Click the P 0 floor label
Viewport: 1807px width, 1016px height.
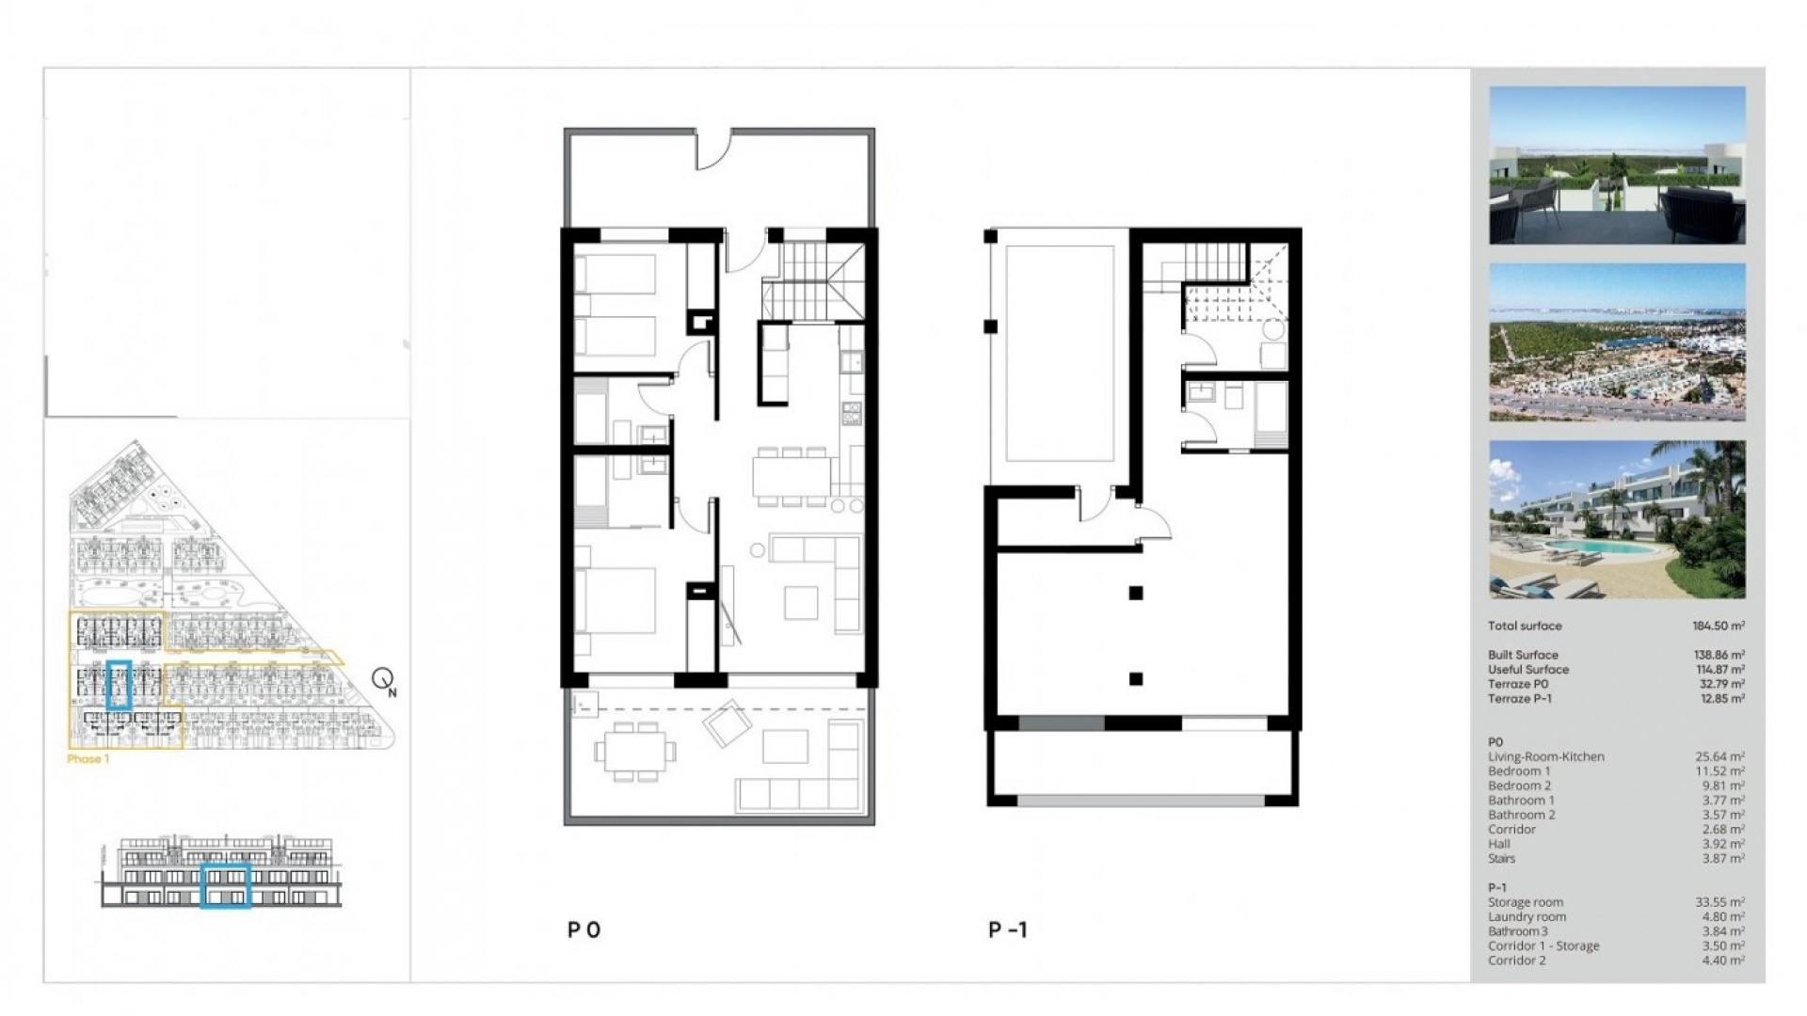[x=584, y=930]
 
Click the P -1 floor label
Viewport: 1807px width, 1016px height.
[x=1007, y=930]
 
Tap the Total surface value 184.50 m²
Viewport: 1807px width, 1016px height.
[x=1718, y=626]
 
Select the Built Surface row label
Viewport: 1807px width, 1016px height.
[x=1523, y=655]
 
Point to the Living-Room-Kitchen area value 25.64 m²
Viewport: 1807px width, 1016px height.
[x=1719, y=756]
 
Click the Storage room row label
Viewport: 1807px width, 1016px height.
[x=1525, y=902]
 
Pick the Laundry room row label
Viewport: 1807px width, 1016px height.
[x=1527, y=916]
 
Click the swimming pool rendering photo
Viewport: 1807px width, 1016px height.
[x=1617, y=519]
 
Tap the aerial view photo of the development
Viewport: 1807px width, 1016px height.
[x=1617, y=342]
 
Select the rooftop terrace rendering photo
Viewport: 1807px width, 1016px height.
[x=1617, y=166]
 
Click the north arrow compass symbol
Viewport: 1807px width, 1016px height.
[x=383, y=678]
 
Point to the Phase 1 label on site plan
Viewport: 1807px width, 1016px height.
[x=88, y=759]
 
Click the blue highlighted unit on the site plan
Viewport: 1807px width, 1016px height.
[x=119, y=685]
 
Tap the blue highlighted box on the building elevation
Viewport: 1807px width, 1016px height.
[x=226, y=886]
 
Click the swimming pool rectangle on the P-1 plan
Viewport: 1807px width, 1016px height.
[x=1060, y=354]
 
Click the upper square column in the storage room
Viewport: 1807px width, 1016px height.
[x=1136, y=594]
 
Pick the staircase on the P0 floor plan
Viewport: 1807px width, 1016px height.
[x=812, y=280]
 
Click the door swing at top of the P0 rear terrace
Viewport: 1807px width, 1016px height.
[x=712, y=151]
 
